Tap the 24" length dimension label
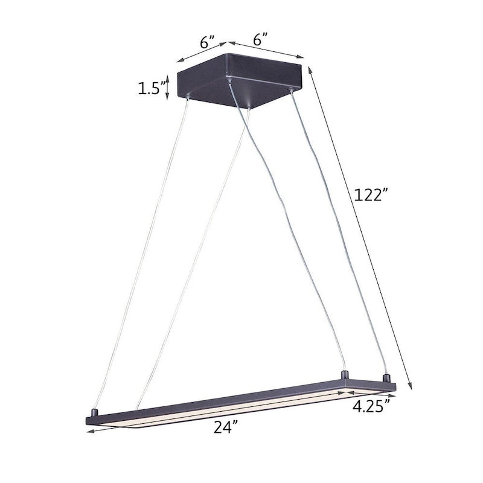pyautogui.click(x=225, y=427)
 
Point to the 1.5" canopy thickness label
pyautogui.click(x=149, y=89)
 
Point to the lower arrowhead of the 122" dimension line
pyautogui.click(x=411, y=389)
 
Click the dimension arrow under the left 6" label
pyautogui.click(x=201, y=52)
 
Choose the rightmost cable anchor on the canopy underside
pyautogui.click(x=293, y=91)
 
